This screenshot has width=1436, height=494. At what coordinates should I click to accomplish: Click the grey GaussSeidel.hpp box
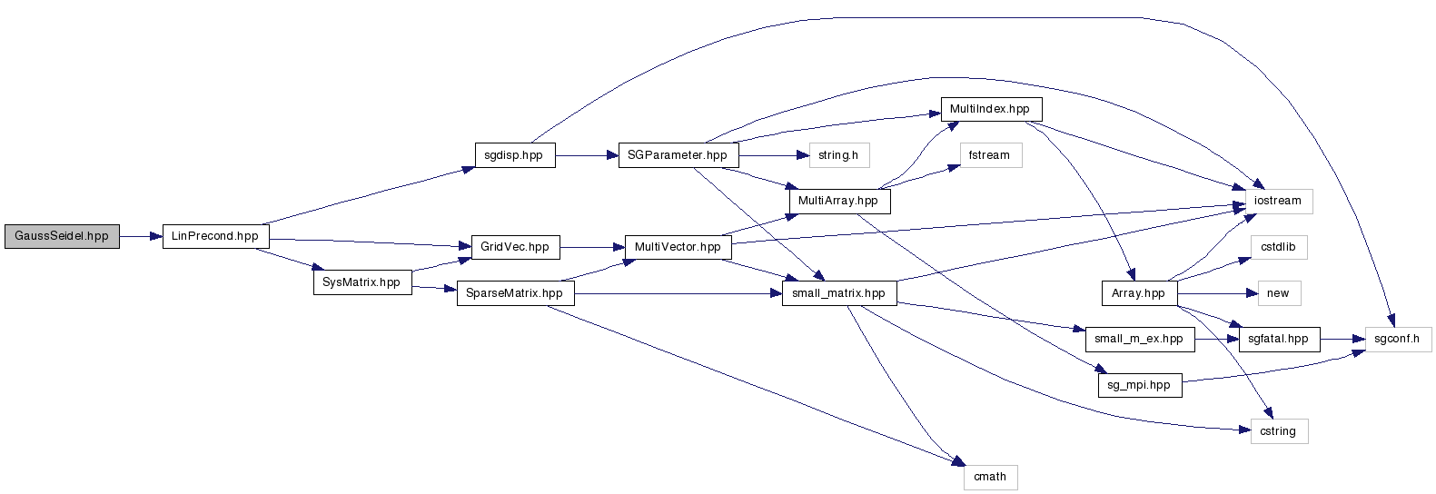click(62, 236)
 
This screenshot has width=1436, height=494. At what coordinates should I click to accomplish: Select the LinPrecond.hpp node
click(215, 236)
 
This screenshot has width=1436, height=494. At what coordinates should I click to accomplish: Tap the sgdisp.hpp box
click(514, 155)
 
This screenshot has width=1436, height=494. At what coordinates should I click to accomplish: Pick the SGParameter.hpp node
click(678, 155)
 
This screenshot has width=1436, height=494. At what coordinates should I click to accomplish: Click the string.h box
click(838, 155)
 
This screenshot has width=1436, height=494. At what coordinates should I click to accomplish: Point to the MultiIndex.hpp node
click(990, 109)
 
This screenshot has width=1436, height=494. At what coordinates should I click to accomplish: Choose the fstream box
click(989, 155)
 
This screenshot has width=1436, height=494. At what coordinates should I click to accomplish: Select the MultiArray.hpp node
click(838, 201)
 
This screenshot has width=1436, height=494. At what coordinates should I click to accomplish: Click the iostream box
click(1278, 201)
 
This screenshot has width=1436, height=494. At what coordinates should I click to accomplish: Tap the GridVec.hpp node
click(515, 247)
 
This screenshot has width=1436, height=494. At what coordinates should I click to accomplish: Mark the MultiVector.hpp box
click(678, 247)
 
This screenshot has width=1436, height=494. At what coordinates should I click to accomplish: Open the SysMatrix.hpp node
click(361, 282)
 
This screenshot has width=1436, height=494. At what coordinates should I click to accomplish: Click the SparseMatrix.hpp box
click(514, 293)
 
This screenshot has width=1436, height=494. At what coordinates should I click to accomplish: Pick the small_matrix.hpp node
click(838, 293)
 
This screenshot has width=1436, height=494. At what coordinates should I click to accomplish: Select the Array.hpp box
click(1138, 293)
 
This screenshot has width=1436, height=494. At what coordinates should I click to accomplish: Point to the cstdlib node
click(1278, 247)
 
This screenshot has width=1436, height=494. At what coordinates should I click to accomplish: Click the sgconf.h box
click(1397, 339)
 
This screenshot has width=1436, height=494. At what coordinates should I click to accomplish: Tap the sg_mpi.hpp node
click(1139, 385)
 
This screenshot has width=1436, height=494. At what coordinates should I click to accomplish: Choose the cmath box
click(990, 477)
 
